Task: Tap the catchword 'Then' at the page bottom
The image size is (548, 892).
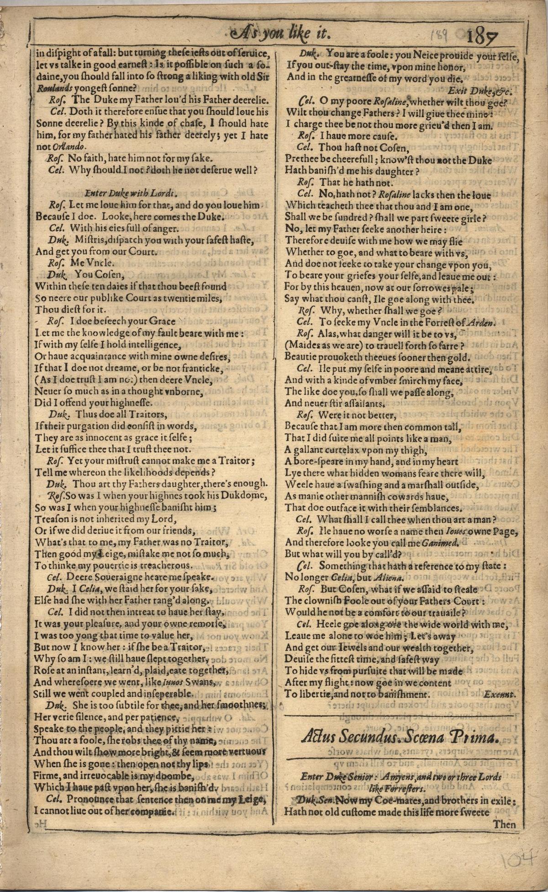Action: [505, 824]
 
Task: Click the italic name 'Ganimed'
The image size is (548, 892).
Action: [439, 542]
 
